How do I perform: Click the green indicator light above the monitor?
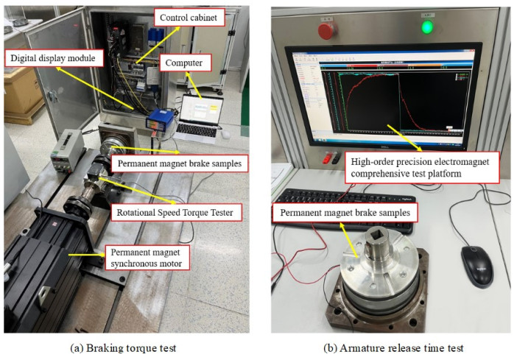426,27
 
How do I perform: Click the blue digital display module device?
161,120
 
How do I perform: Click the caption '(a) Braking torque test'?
126,347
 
